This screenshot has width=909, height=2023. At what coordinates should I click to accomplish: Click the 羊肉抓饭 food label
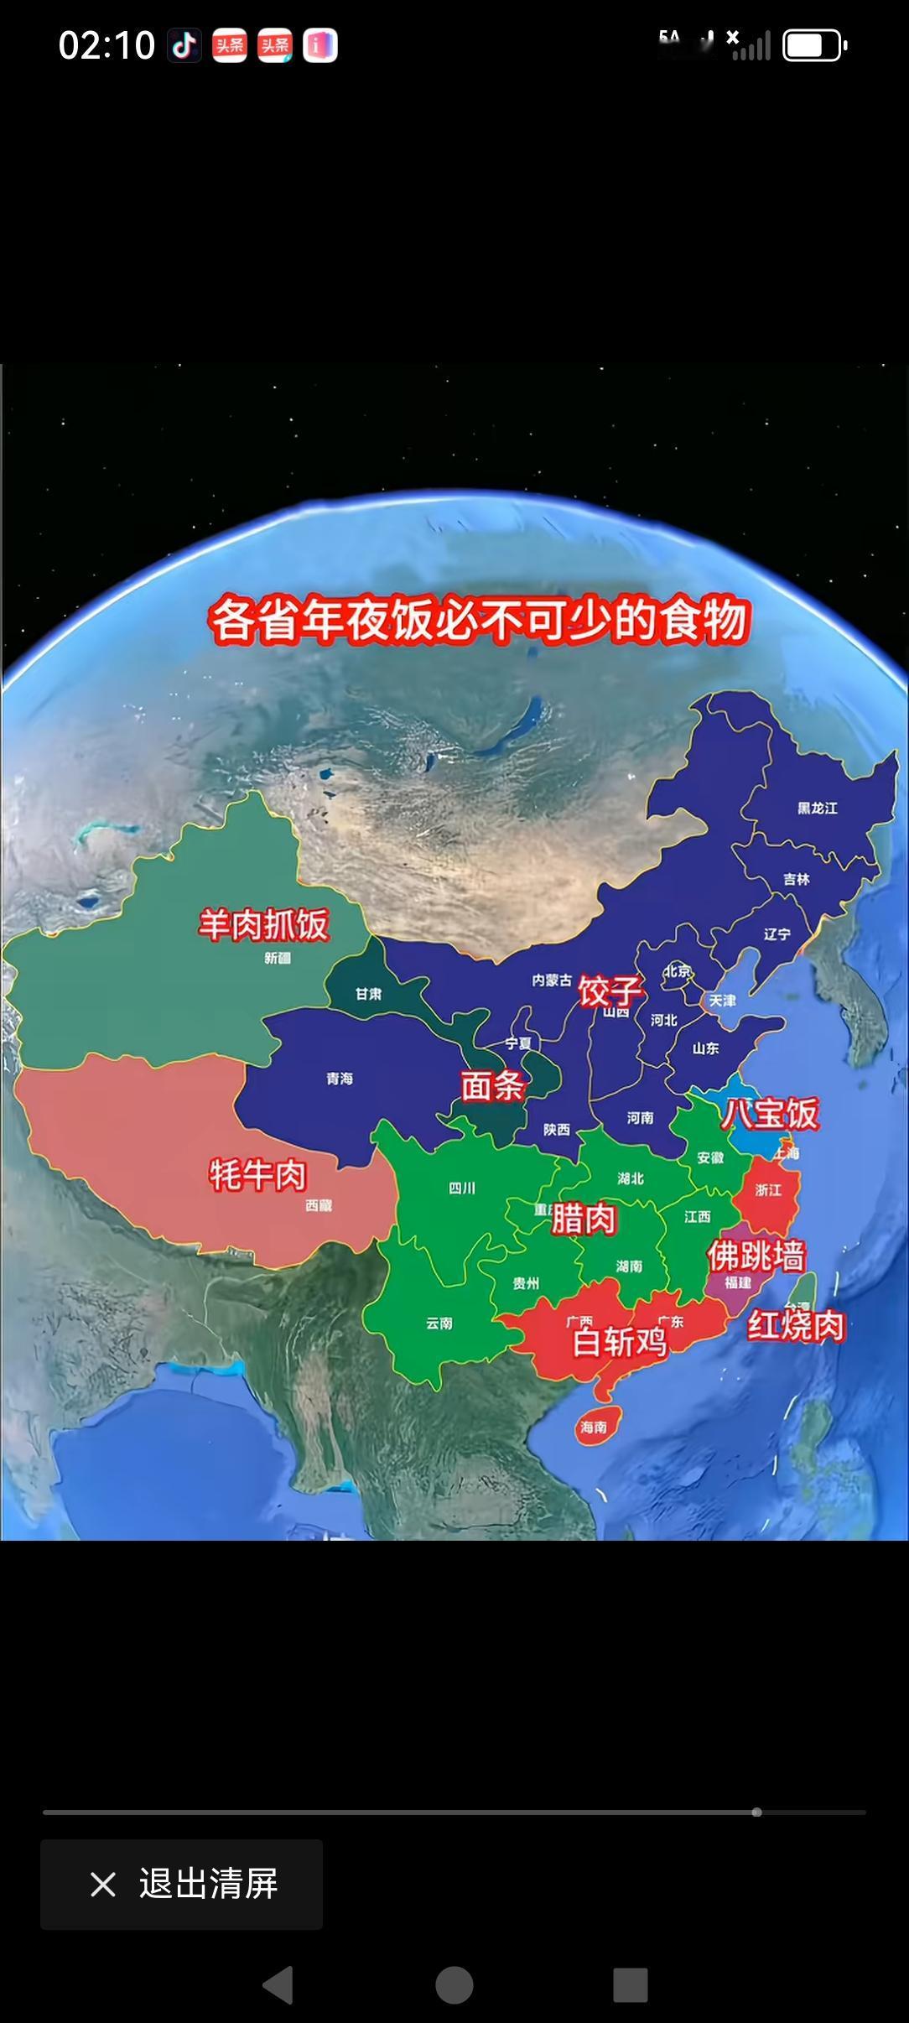point(263,924)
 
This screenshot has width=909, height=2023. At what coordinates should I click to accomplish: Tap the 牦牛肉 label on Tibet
point(257,1174)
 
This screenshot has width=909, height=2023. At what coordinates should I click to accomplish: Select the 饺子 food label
point(610,991)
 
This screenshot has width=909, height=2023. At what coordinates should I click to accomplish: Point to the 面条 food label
point(493,1086)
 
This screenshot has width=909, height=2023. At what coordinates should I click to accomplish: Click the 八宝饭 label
point(770,1114)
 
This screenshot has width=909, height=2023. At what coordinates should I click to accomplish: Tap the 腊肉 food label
point(584,1219)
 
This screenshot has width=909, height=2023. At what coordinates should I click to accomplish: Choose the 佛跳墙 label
point(756,1256)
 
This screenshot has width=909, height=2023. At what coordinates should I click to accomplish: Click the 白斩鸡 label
point(619,1342)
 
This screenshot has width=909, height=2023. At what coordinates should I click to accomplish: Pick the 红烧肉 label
point(795,1325)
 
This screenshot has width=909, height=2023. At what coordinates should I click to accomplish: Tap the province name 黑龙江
point(817,809)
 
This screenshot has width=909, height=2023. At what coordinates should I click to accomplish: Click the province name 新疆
point(278,958)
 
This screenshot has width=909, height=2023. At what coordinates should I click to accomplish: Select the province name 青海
point(340,1079)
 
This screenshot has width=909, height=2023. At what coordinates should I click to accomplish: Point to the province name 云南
point(439,1324)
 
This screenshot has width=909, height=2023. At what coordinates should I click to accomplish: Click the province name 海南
point(594,1427)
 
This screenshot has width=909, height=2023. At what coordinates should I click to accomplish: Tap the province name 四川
point(462,1188)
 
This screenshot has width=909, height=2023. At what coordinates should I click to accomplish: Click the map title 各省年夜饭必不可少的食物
point(478,621)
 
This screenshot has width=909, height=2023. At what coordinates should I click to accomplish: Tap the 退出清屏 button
point(182,1884)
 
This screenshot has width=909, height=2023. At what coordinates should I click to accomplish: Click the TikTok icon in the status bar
point(184,45)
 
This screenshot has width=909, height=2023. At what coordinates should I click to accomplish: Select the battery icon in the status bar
point(814,45)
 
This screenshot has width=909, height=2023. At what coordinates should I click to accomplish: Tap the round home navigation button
point(454,1985)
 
